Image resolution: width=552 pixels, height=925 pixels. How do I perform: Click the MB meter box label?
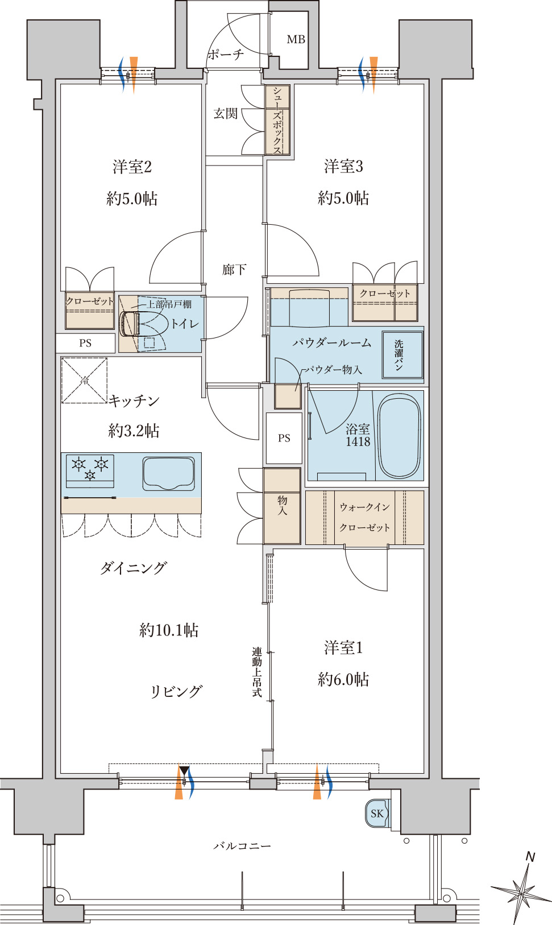296,40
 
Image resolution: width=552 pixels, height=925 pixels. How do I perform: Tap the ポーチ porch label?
226,54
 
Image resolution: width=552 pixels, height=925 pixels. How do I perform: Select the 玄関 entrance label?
226,113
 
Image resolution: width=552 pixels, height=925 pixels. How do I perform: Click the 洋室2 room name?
132,167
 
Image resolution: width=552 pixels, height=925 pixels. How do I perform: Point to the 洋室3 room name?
343,167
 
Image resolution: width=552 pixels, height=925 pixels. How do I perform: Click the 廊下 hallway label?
234,270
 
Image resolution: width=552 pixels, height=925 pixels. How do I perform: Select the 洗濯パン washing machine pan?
402,355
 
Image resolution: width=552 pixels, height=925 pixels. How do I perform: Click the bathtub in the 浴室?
399,436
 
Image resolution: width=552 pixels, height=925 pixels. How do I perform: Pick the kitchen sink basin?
168,473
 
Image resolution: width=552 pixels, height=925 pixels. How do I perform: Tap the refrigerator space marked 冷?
84,381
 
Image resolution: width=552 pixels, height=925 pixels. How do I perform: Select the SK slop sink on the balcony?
377,813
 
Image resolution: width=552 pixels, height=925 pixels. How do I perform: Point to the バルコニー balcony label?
242,846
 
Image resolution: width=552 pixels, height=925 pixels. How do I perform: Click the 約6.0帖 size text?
343,679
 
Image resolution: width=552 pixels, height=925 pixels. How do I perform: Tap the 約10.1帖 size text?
169,630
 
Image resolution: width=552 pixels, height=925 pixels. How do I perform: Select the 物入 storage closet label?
282,505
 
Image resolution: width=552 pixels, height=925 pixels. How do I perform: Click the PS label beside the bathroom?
284,438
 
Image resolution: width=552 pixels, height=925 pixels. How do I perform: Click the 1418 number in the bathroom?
358,441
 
